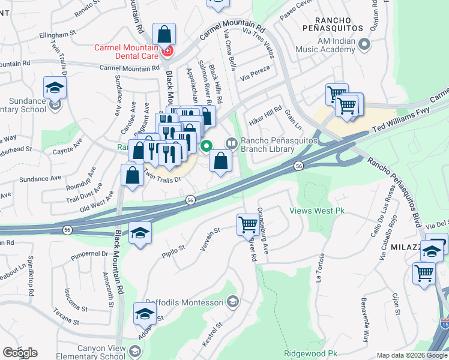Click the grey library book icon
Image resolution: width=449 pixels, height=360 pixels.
pyautogui.click(x=231, y=143)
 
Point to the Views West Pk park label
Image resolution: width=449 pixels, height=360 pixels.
pyautogui.click(x=316, y=211)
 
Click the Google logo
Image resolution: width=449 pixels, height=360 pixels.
pyautogui.click(x=20, y=353)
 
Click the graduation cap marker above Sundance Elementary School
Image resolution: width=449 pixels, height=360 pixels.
pyautogui.click(x=55, y=88)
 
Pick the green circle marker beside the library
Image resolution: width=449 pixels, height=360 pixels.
pyautogui.click(x=206, y=145)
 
